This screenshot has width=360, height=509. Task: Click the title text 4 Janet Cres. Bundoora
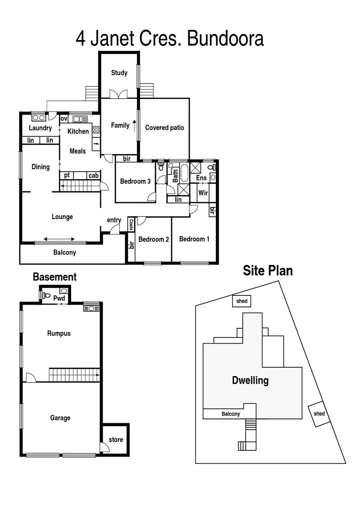[x=170, y=39]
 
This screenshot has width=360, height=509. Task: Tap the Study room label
[x=119, y=73]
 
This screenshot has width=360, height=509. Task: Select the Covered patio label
[x=164, y=128]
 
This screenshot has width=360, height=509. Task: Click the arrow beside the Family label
[x=134, y=125]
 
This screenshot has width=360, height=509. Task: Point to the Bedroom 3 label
[x=135, y=181]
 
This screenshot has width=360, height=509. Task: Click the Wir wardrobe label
[x=203, y=193]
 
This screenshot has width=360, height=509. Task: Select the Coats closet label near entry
[x=131, y=225]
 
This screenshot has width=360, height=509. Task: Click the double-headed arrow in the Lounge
[x=59, y=239]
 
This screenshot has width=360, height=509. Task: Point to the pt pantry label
[x=67, y=176]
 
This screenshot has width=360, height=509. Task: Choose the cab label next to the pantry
[x=93, y=176]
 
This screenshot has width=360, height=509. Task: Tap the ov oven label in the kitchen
[x=64, y=118]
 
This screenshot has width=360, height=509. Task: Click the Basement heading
[x=54, y=277]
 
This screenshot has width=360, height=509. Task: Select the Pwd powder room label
[x=59, y=298]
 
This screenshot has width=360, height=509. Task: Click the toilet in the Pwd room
[x=46, y=296]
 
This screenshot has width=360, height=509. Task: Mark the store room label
[x=116, y=440]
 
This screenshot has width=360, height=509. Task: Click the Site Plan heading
[x=268, y=271]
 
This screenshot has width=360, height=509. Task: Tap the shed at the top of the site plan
[x=242, y=301]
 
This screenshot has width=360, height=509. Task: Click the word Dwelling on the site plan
[x=250, y=380]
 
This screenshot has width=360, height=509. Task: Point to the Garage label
[x=60, y=418]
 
